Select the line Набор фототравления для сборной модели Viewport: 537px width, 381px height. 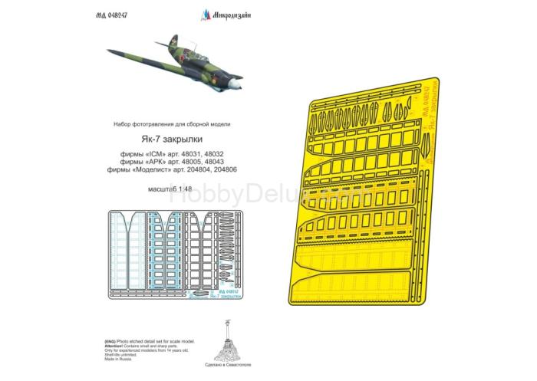[x=171, y=124]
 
